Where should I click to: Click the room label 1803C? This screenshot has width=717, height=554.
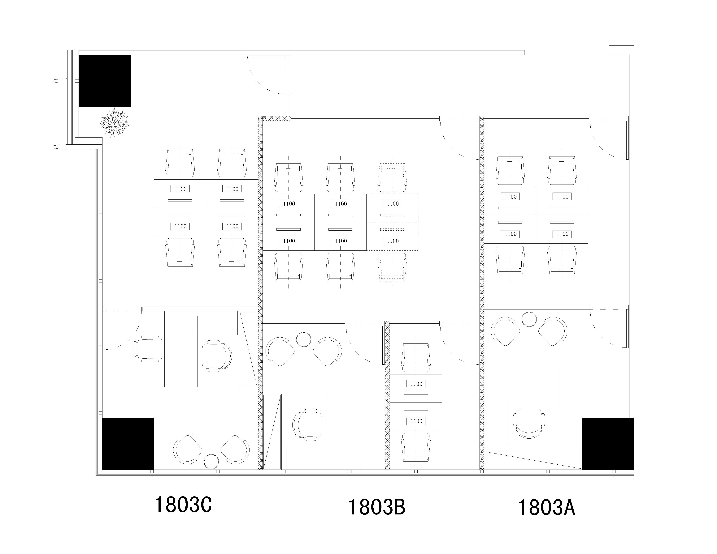click(183, 505)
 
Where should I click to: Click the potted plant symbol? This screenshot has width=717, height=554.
click(114, 122)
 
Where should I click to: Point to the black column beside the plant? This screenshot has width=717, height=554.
click(105, 81)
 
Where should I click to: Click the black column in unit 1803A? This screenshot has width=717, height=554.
click(608, 444)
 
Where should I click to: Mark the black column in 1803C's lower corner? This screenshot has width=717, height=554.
click(128, 444)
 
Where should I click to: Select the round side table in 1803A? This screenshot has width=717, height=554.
click(529, 319)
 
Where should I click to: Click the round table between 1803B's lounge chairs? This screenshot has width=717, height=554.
click(304, 339)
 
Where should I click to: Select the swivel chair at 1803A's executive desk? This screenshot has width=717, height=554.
click(529, 424)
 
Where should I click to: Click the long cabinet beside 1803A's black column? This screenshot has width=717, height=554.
click(533, 460)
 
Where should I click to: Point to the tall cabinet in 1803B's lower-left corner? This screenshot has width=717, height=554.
click(272, 432)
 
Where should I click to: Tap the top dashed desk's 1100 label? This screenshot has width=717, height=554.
click(393, 204)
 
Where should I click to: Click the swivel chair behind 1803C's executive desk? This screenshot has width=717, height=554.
click(217, 356)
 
